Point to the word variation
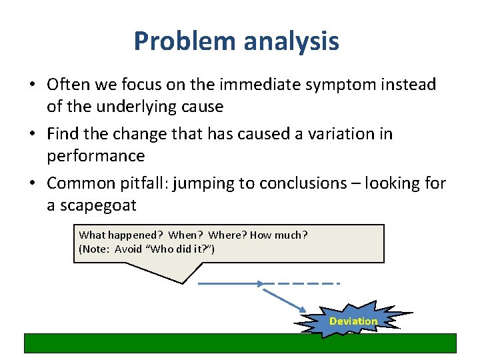coord(337,134)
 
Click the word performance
coord(96,156)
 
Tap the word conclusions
coord(303,183)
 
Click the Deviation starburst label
coord(353,321)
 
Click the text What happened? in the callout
coord(121,235)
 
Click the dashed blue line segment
coord(303,284)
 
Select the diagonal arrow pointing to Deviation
coord(285,298)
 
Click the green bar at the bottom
coord(240,343)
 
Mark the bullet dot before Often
coord(31,85)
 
